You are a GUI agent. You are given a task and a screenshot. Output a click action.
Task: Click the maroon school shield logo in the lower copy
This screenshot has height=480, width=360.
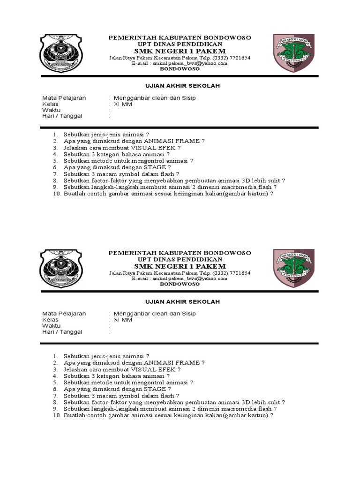[x=291, y=269]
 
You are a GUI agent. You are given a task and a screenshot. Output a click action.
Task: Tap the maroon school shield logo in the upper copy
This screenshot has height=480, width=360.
[x=291, y=53]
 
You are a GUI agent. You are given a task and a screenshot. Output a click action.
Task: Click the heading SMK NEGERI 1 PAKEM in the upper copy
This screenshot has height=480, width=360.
[x=180, y=51]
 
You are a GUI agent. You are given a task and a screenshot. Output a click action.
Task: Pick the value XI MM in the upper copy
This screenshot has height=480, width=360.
[x=123, y=104]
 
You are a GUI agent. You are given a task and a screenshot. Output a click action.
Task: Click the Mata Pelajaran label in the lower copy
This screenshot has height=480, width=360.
[x=64, y=314]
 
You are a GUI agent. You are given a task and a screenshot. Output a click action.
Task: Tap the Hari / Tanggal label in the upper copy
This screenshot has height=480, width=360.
[x=62, y=116]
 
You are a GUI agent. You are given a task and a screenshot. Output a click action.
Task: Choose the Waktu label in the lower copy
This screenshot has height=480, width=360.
[x=52, y=326]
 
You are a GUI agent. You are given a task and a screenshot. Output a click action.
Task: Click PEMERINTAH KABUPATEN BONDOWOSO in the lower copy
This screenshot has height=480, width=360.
[x=180, y=253]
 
